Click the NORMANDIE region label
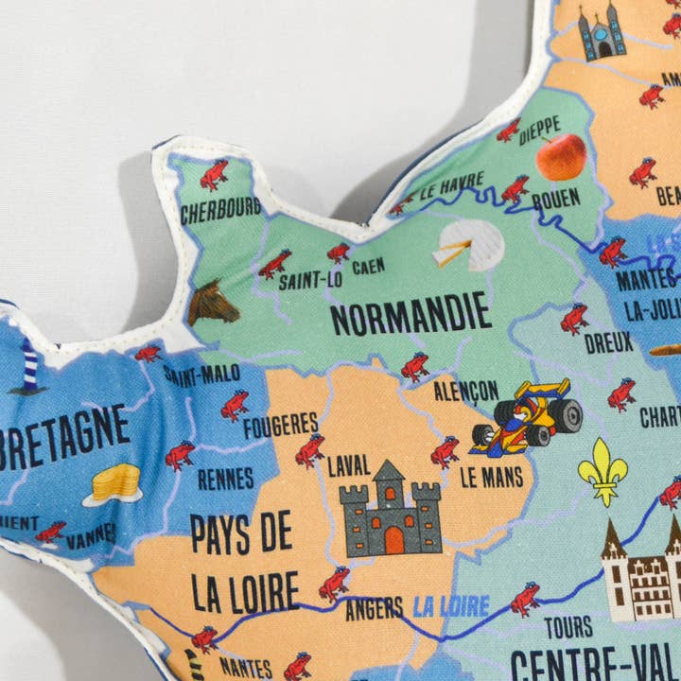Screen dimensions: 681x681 [411, 313]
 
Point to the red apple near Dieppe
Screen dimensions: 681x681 [561, 156]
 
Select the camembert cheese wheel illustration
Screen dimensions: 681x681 [469, 246]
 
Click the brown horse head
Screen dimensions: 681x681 [212, 303]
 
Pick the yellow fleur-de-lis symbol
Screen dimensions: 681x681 [602, 470]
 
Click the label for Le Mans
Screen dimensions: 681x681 [492, 478]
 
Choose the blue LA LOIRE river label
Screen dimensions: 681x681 [451, 606]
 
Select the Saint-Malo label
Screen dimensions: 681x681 [201, 374]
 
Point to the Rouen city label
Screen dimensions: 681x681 [556, 200]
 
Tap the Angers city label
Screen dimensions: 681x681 [375, 609]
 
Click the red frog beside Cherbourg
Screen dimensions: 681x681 [214, 175]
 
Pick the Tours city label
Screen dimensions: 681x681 [568, 626]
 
